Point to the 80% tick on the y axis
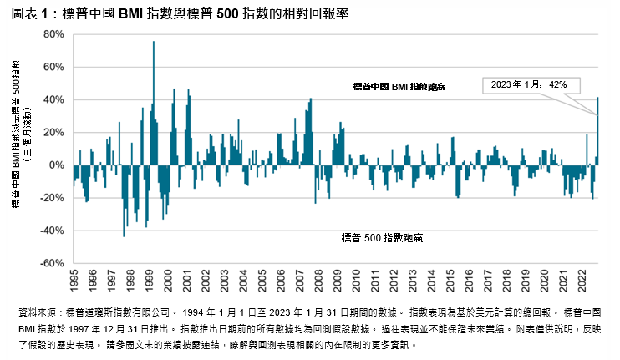[53, 34]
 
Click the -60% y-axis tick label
[52, 263]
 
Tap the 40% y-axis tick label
[53, 99]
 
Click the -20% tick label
[52, 198]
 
